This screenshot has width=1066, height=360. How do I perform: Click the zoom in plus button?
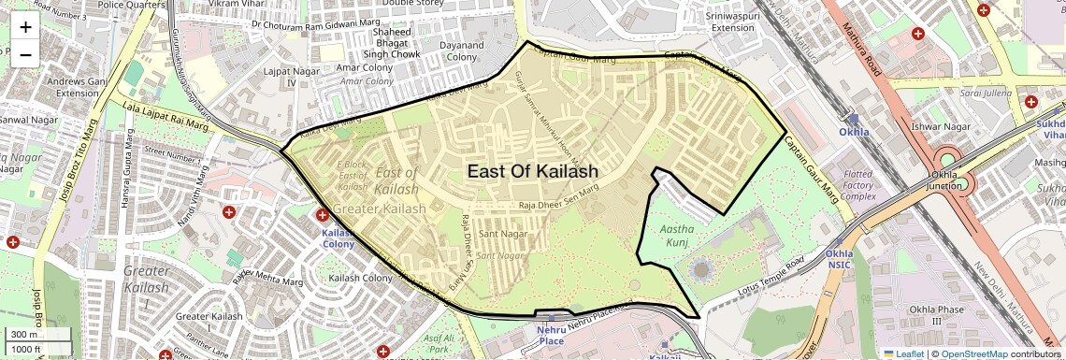click(25, 26)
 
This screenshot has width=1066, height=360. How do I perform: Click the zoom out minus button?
click(25, 54)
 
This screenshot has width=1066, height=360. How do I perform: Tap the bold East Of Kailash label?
click(533, 171)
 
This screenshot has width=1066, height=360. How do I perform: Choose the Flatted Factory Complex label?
click(858, 185)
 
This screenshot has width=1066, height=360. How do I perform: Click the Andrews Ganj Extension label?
click(77, 86)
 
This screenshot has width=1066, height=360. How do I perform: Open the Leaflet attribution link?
click(902, 354)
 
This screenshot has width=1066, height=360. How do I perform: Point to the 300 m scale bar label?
click(23, 335)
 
